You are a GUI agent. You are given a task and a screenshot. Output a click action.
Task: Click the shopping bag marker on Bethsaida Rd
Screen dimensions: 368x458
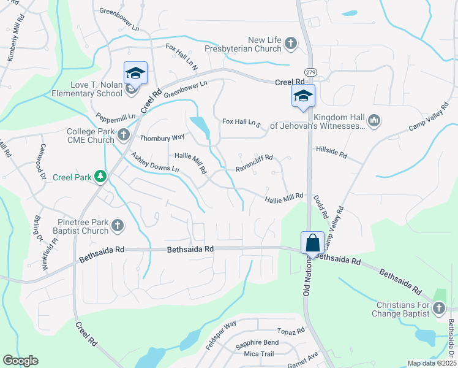coord(312,243)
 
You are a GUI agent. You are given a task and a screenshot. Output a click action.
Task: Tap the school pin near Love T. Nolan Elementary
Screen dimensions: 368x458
coord(136,74)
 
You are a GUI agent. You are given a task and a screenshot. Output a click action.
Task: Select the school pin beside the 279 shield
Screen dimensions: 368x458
coord(302,96)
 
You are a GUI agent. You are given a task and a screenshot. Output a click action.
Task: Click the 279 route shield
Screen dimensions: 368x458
coord(310,72)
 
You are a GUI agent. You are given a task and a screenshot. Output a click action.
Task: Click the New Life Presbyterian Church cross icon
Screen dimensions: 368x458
coord(291,44)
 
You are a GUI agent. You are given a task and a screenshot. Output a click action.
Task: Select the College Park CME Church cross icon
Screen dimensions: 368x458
coord(124,134)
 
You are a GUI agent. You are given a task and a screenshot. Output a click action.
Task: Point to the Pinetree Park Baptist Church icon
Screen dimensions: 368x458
coord(118,227)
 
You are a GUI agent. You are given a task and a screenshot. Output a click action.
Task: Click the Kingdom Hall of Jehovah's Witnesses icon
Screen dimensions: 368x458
coord(375,121)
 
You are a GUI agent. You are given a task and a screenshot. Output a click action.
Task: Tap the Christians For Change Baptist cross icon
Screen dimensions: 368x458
coord(439,309)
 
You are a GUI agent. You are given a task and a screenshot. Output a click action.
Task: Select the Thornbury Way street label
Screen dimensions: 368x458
coord(162,137)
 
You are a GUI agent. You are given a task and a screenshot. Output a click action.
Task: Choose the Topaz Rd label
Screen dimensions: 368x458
coord(291,330)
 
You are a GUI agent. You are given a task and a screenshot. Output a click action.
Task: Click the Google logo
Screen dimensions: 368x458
coord(20,361)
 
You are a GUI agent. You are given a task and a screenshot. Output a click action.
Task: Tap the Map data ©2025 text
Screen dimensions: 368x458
coord(430,363)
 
